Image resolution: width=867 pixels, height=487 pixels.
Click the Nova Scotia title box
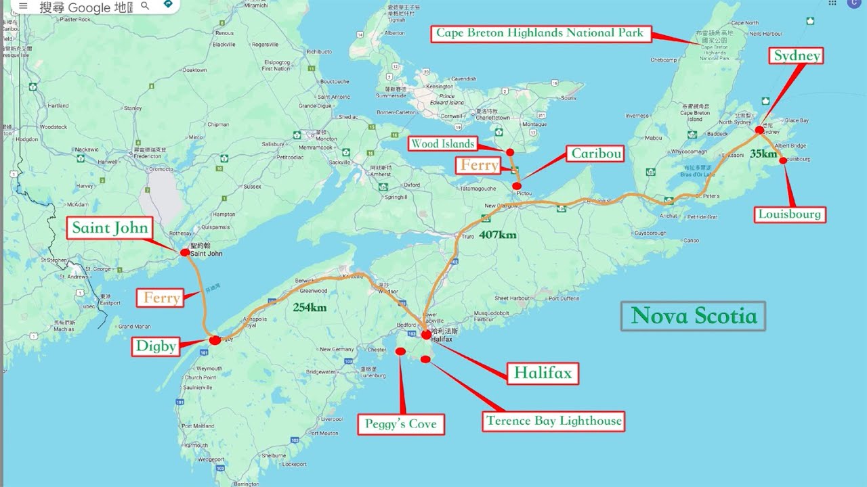tap(694, 316)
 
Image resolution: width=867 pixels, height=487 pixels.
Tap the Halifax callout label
tap(543, 373)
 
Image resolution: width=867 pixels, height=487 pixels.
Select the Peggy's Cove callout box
tap(402, 424)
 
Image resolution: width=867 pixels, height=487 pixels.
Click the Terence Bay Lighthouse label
tap(553, 421)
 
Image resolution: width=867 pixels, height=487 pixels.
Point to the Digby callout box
tap(156, 346)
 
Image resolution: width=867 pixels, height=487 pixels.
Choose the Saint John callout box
tap(110, 228)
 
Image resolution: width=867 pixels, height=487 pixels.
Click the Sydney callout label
tap(796, 55)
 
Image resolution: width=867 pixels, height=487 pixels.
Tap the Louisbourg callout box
tap(790, 214)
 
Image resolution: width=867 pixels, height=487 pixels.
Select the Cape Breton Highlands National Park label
tap(540, 33)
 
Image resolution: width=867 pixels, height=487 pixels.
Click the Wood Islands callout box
tap(443, 143)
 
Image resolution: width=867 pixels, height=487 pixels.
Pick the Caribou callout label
tap(596, 154)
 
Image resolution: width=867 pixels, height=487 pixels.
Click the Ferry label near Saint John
tap(161, 298)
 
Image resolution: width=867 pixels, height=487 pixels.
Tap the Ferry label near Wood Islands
tap(480, 165)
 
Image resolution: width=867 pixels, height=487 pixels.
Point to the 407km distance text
tap(498, 235)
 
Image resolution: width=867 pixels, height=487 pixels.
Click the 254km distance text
tap(311, 307)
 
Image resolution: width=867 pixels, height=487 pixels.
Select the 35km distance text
tap(763, 154)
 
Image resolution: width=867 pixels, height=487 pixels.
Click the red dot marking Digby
tap(215, 340)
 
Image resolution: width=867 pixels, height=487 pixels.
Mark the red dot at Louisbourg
tap(783, 160)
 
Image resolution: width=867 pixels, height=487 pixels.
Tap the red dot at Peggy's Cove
tap(400, 352)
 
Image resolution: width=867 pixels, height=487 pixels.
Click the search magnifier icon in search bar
tap(145, 6)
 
